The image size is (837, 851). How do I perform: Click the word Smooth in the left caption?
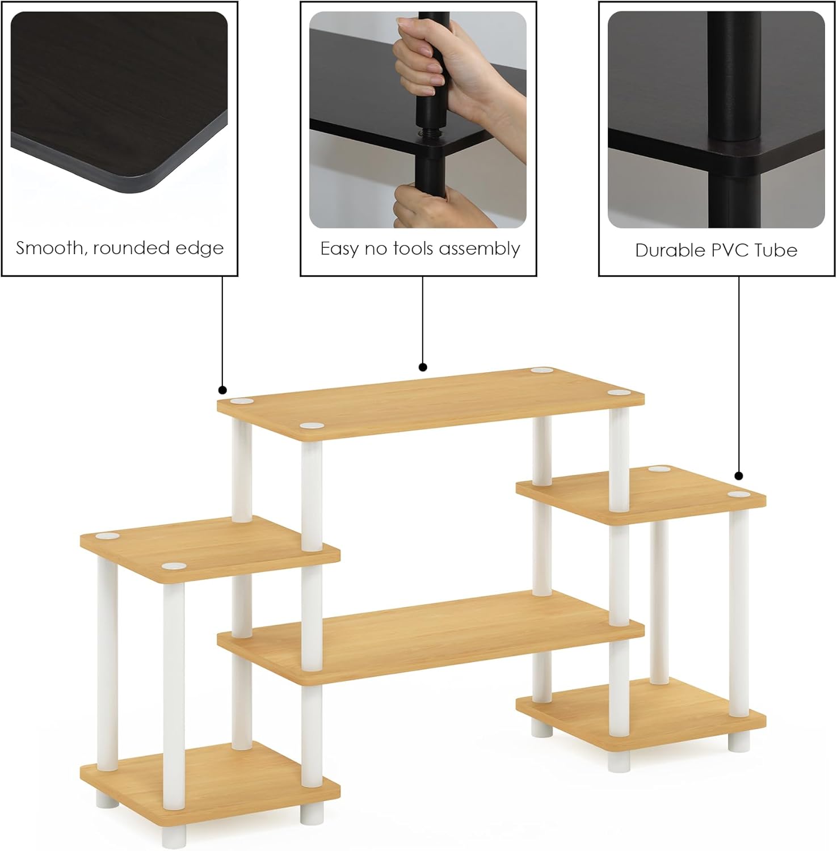pos(48,248)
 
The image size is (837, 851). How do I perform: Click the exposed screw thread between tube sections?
pos(424,133)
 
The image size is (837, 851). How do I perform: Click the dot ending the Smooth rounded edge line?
pos(222,390)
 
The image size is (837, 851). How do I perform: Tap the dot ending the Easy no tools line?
pos(423,367)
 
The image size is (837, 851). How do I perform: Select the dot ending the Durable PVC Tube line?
pos(738,476)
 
